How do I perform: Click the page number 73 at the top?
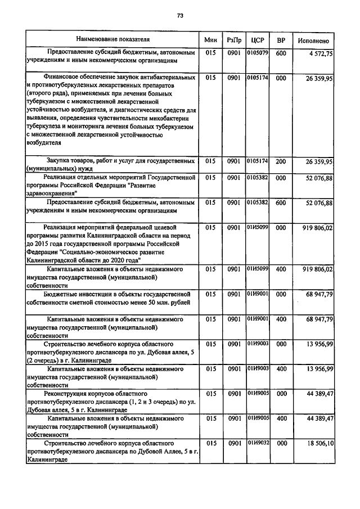pyautogui.click(x=180, y=16)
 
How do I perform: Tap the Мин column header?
pyautogui.click(x=210, y=40)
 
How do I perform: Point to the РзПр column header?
pyautogui.click(x=234, y=40)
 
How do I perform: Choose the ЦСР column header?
pyautogui.click(x=258, y=40)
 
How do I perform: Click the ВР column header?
pyautogui.click(x=281, y=40)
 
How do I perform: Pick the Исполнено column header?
pyautogui.click(x=314, y=40)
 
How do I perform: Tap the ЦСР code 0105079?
pyautogui.click(x=258, y=53)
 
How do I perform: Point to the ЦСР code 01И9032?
pyautogui.click(x=258, y=443)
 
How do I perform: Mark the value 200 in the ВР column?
pyautogui.click(x=281, y=162)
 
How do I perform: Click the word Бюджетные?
pyautogui.click(x=62, y=294)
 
